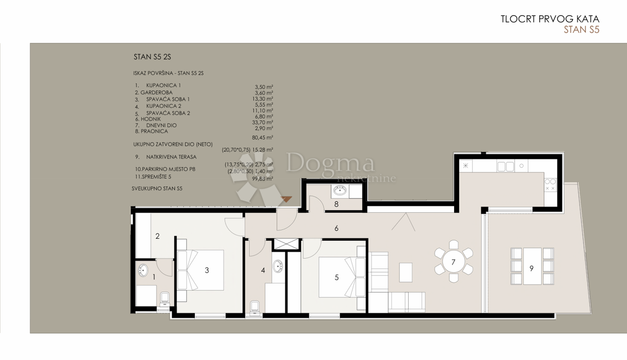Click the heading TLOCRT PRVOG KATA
(x=550, y=19)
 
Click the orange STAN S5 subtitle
(x=581, y=30)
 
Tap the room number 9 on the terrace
(x=531, y=268)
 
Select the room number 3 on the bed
(x=207, y=270)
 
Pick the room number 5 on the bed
(x=336, y=277)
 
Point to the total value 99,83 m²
(x=263, y=179)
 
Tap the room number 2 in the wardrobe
(x=157, y=236)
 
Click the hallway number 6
(x=337, y=228)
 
